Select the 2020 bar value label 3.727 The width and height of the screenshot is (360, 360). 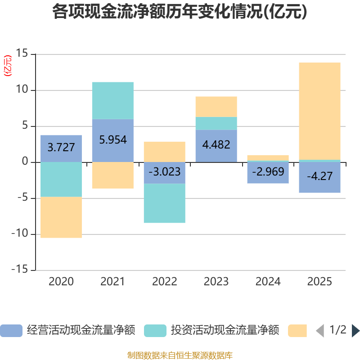coord(61,147)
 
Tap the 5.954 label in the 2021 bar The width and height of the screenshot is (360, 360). coord(112,139)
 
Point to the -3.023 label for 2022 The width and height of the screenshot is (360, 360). coord(164,171)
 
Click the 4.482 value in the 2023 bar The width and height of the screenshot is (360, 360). coord(216,145)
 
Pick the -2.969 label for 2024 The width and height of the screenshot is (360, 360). coord(268,171)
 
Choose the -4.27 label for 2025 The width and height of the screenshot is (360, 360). coord(319,176)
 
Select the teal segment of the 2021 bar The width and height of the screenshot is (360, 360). coord(112,100)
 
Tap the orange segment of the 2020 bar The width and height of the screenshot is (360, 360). coord(61,217)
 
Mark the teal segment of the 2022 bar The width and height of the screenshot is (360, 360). coord(164,203)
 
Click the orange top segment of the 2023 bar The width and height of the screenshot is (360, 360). coord(216,107)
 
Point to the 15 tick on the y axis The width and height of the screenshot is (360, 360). coord(22,54)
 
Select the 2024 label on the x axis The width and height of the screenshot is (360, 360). coord(268,282)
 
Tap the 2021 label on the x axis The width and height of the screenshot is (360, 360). coord(112,282)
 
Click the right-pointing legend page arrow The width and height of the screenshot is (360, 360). coord(355,331)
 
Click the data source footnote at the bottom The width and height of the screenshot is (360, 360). coord(180,355)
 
